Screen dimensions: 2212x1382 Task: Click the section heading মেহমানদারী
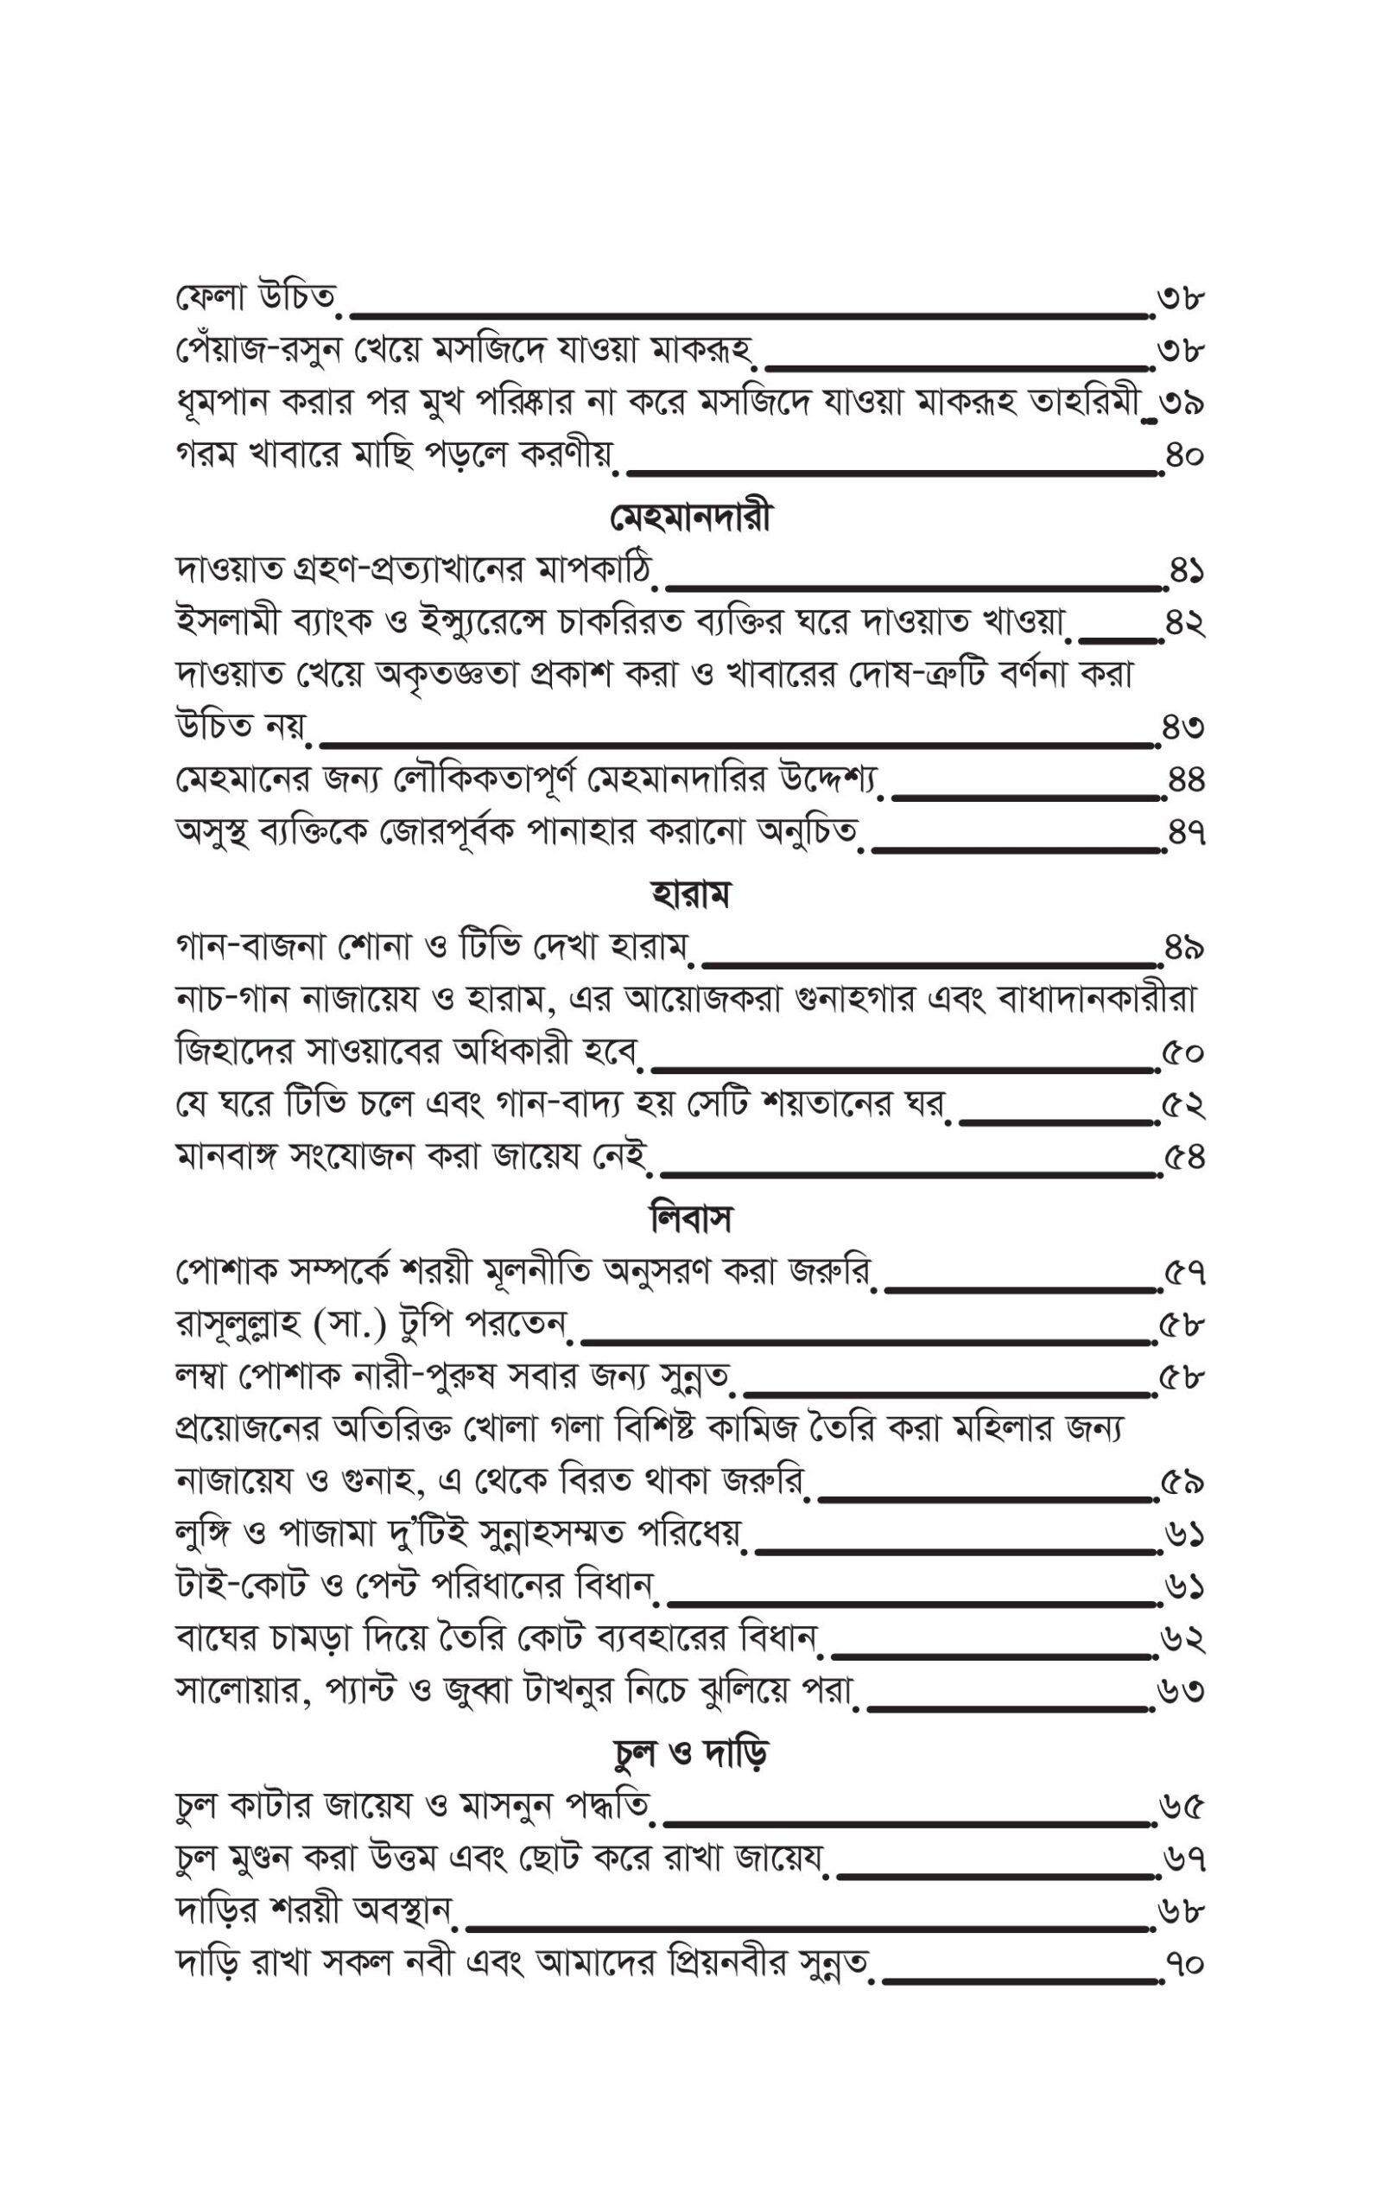coord(690,518)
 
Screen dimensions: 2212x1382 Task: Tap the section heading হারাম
coord(690,894)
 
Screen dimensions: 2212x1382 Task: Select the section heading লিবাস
coord(690,1219)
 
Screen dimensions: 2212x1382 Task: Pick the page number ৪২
coord(1184,625)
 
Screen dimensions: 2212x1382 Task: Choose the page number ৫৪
coord(1184,1158)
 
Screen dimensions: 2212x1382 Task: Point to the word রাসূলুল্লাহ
coord(238,1324)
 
